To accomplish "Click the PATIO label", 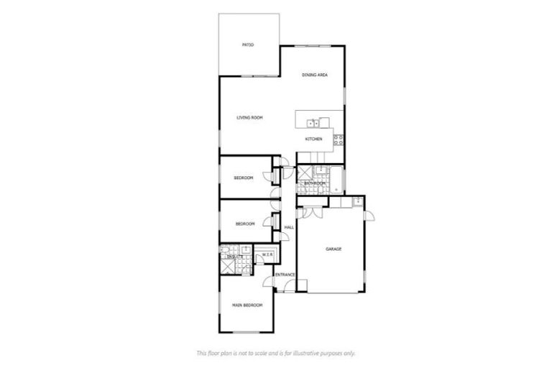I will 249,45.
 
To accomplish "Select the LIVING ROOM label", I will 250,117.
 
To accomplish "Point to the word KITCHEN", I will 313,139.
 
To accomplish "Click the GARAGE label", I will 333,249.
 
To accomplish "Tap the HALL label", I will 289,228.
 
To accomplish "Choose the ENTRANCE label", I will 285,274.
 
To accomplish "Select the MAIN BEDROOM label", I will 247,305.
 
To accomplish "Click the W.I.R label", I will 266,254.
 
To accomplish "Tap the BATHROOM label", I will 314,183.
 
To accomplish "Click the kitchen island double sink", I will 312,123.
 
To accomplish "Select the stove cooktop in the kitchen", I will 337,142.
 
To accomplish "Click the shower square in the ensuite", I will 229,265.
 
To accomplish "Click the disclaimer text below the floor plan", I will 276,353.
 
